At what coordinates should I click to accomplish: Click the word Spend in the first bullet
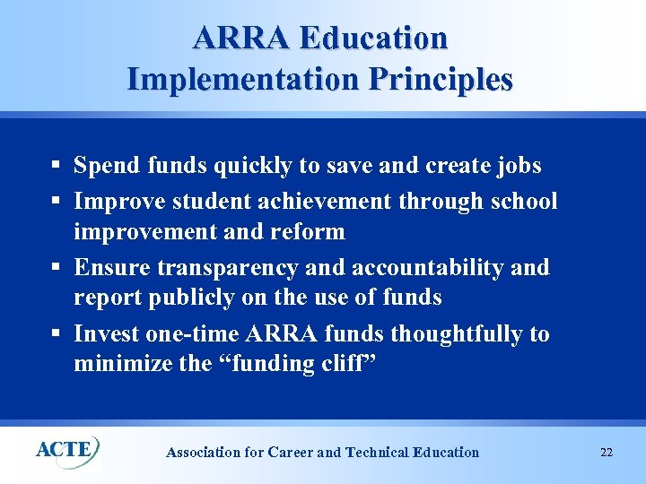coord(101,166)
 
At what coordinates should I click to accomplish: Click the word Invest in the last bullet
coord(100,334)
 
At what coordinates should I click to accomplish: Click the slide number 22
coord(607,452)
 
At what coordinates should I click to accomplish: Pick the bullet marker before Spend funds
coord(56,167)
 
